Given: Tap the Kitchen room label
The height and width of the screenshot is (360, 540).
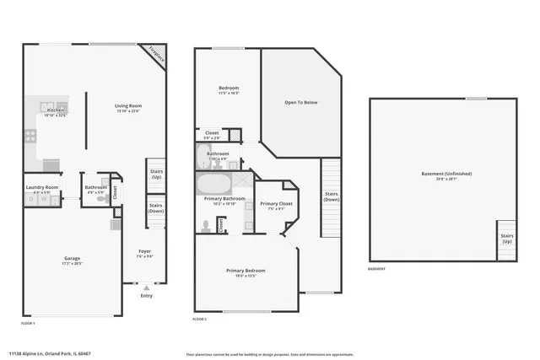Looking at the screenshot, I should [x=55, y=110].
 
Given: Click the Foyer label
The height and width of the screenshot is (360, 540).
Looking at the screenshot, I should [x=145, y=251].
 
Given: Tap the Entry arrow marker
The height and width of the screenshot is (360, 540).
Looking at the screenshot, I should [x=146, y=287].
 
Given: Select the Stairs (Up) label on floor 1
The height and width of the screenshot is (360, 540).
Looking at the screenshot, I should [x=156, y=175].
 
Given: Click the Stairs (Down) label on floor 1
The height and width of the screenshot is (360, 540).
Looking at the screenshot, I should [x=156, y=207].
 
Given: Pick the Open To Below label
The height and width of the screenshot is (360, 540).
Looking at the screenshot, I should [x=300, y=103].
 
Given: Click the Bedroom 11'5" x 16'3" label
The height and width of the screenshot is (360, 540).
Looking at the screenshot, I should [x=229, y=89].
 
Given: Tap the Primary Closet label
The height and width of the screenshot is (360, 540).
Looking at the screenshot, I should [x=276, y=204].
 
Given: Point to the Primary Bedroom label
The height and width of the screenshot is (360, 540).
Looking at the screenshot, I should [x=246, y=271].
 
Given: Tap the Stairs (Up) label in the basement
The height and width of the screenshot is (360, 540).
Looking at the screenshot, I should [x=506, y=238].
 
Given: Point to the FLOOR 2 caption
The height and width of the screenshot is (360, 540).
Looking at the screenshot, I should [x=199, y=320].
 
